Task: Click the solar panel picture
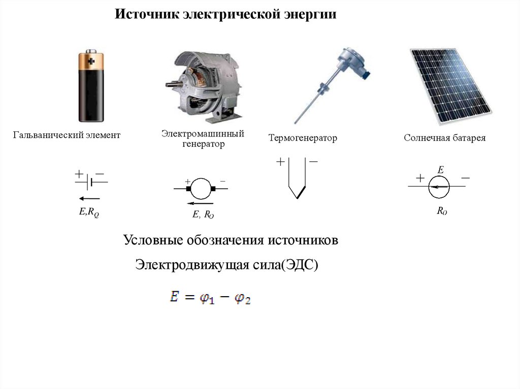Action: [x=450, y=86]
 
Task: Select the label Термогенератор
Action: [x=303, y=138]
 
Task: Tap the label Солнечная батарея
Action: [x=445, y=138]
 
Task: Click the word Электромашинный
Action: [x=203, y=133]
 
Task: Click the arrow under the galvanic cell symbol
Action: [x=89, y=198]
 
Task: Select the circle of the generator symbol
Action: [x=201, y=189]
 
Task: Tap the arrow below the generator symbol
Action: [x=203, y=203]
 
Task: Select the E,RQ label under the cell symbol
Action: [x=89, y=213]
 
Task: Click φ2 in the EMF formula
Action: [x=243, y=299]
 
